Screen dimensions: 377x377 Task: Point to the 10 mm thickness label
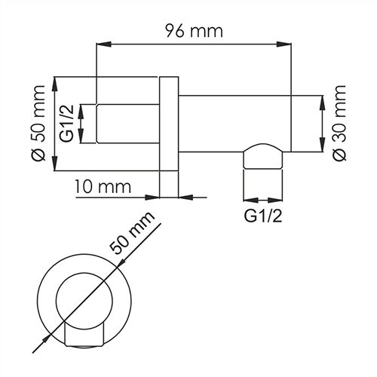pos(103,185)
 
